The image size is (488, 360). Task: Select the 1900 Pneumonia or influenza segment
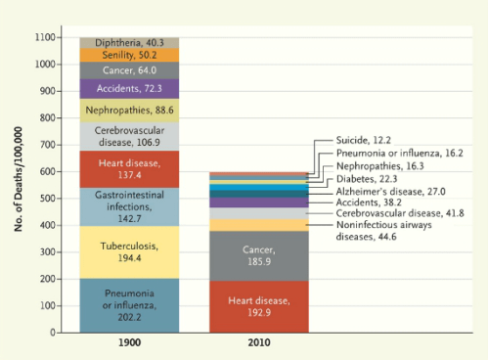click(129, 305)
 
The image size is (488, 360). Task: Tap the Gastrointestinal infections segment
click(129, 206)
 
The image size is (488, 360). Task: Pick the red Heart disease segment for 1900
click(129, 168)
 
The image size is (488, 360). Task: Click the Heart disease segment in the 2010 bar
click(260, 307)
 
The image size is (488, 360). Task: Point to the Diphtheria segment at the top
click(129, 43)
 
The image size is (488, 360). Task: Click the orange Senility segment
click(129, 56)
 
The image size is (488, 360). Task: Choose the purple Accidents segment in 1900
click(129, 89)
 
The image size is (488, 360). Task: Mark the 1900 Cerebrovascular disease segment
click(129, 136)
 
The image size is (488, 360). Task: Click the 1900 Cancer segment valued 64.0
click(129, 70)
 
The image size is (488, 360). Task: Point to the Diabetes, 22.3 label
click(367, 179)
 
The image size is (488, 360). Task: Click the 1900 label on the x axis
click(129, 345)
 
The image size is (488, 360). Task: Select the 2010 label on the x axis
click(260, 345)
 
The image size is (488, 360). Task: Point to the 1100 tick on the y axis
click(45, 37)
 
